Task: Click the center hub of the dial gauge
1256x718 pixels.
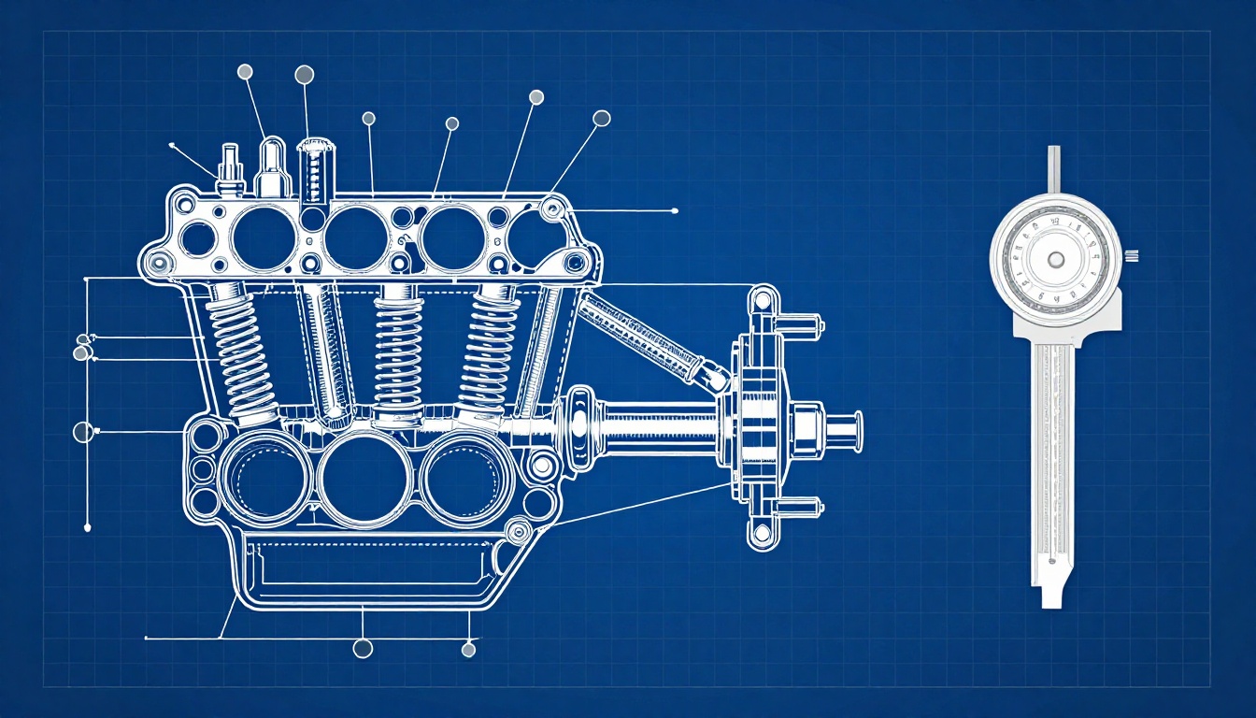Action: (1055, 259)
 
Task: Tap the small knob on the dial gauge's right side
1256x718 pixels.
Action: (1132, 256)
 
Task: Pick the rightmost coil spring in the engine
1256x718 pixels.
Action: (487, 346)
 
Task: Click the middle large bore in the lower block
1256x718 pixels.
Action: (364, 478)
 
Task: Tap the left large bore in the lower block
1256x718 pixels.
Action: (264, 476)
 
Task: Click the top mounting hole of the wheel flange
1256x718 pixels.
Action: (763, 300)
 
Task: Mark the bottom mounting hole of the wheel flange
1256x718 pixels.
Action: (763, 534)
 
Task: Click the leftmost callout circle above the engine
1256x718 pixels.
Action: (246, 71)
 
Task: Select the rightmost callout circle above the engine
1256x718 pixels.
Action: (602, 118)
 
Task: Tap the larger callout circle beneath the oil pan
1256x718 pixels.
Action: (363, 648)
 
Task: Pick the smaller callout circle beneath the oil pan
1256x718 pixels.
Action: (469, 649)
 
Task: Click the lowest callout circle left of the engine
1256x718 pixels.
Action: (83, 432)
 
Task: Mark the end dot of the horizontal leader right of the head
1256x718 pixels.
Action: (674, 211)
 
